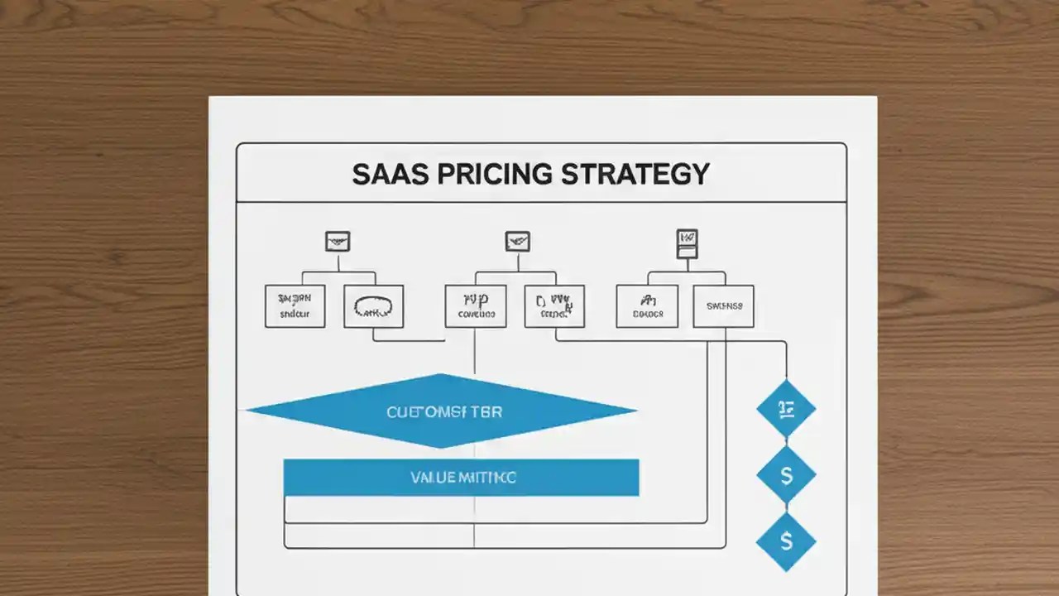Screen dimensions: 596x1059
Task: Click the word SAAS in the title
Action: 386,174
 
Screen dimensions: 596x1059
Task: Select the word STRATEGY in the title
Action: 635,174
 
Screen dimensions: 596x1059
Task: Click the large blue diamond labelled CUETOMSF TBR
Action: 442,411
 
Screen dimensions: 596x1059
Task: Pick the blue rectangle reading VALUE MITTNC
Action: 461,478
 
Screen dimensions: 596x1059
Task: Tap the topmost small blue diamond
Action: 786,408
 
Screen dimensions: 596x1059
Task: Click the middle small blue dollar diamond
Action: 786,475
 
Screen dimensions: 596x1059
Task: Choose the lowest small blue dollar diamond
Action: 786,541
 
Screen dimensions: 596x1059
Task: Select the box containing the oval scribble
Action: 374,306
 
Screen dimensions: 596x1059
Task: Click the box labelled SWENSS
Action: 723,306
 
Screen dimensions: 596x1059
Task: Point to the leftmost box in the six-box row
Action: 295,306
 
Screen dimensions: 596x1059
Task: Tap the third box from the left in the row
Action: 476,306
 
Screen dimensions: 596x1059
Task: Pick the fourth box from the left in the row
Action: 554,306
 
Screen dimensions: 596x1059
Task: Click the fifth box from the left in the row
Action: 647,306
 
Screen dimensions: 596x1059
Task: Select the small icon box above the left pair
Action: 338,242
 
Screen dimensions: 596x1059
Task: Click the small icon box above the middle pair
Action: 517,242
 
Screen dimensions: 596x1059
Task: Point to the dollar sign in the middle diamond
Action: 786,475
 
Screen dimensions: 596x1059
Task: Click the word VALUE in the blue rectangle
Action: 430,478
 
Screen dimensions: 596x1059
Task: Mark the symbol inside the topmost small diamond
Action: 786,408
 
